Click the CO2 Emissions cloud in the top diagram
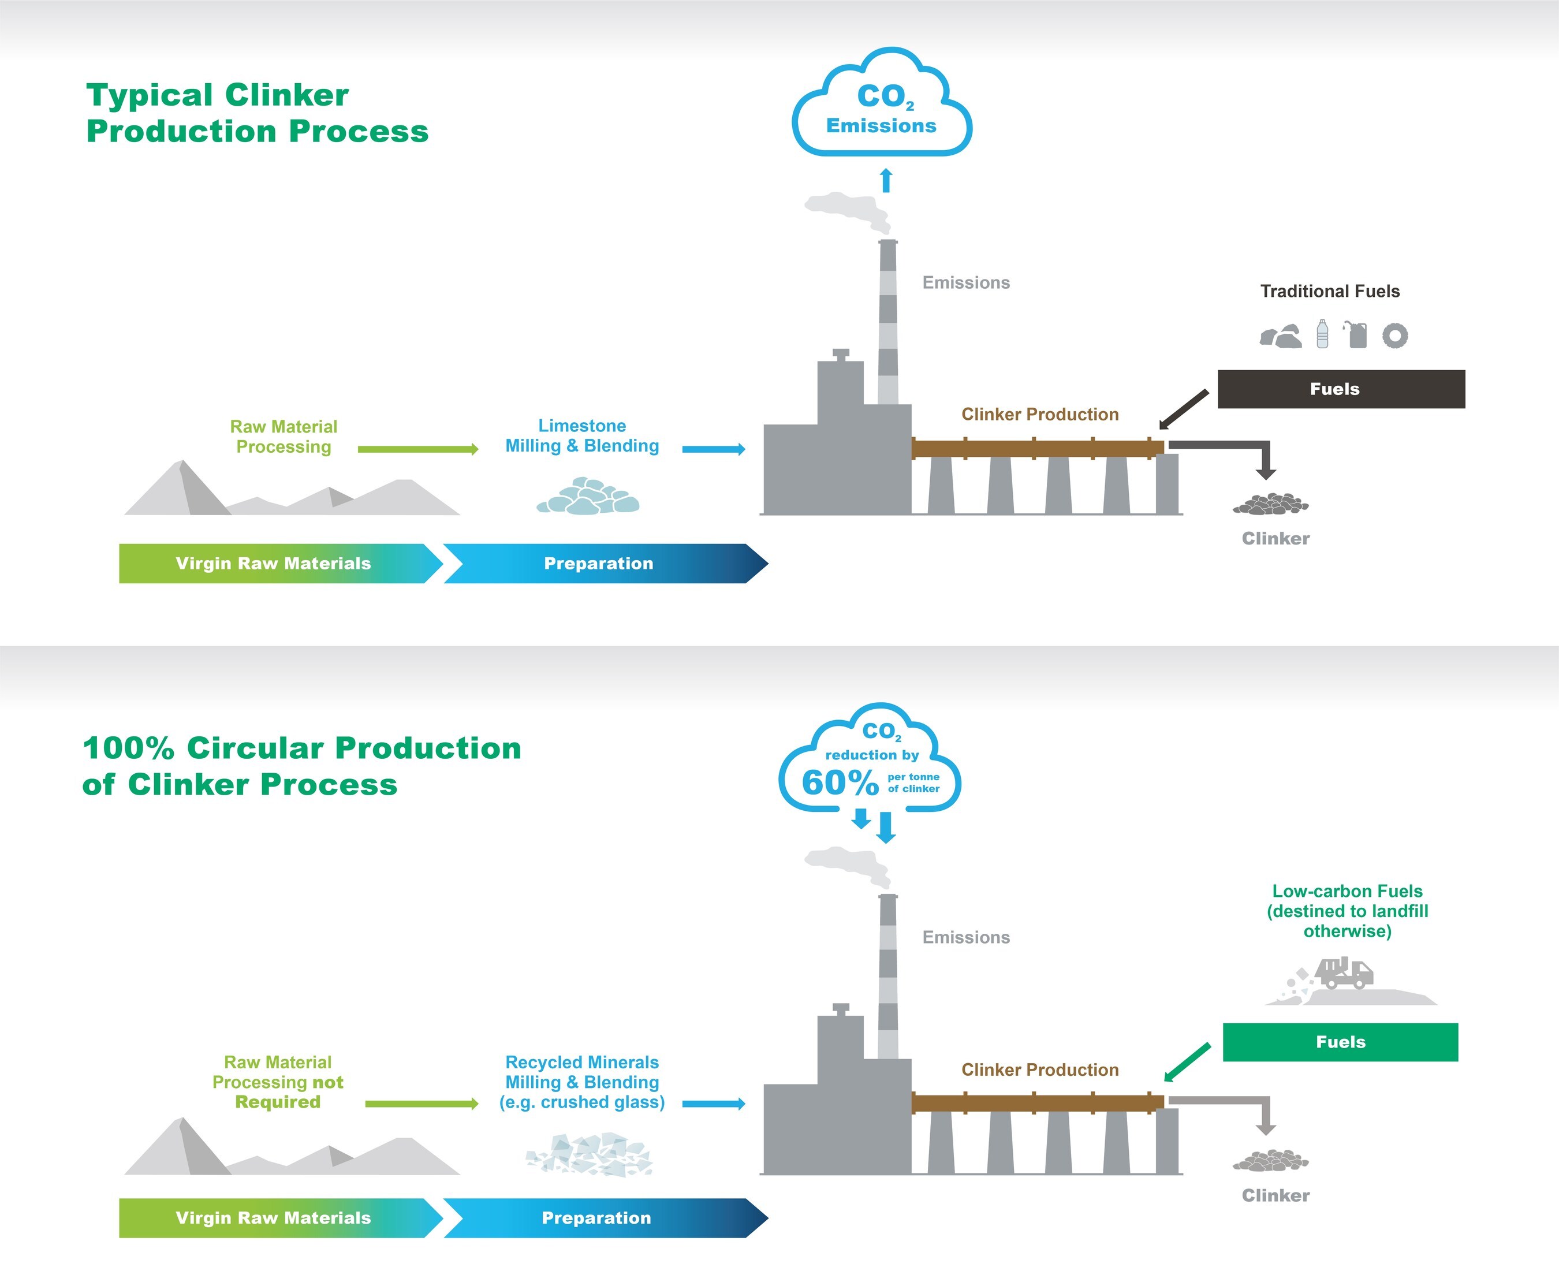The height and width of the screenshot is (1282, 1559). click(882, 105)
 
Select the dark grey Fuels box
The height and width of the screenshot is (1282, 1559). click(1340, 389)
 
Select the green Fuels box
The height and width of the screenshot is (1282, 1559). click(1340, 1042)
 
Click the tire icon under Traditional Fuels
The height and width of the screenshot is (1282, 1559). click(1394, 336)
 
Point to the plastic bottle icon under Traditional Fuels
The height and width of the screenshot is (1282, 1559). click(1322, 334)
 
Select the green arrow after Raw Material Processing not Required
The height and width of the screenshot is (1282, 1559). click(421, 1104)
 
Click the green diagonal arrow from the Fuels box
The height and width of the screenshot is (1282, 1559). click(1187, 1063)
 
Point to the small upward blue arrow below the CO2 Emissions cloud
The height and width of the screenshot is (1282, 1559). click(886, 180)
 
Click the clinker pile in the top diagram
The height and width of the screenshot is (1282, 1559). click(1270, 504)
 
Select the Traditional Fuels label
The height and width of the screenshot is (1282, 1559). click(1329, 291)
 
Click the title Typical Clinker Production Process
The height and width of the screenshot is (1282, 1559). click(256, 113)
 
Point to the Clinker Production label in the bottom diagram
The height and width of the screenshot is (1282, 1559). click(1040, 1069)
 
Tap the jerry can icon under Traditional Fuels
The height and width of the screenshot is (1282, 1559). click(1357, 334)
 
